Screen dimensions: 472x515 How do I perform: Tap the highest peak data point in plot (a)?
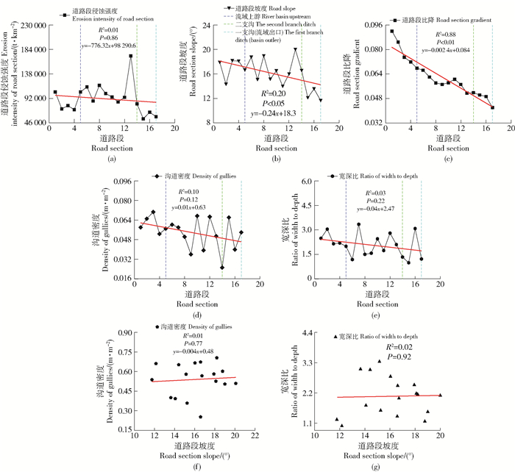131,56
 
